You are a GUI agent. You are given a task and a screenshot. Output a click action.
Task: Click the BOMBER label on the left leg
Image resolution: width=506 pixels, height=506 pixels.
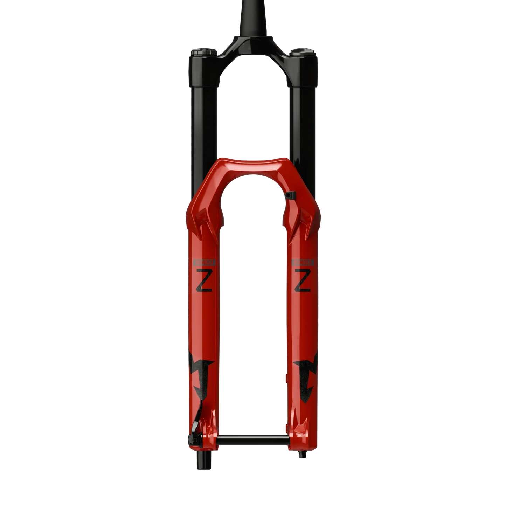click(x=205, y=262)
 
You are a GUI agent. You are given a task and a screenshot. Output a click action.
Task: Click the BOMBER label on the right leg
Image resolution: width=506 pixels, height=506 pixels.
click(x=302, y=262)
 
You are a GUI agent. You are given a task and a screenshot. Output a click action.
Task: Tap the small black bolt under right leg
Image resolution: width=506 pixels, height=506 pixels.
click(x=300, y=455)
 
